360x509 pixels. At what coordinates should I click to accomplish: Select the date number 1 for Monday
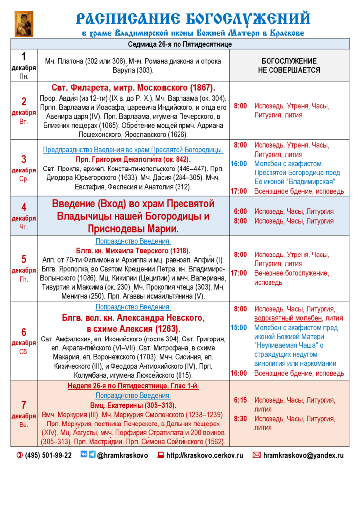point(24,56)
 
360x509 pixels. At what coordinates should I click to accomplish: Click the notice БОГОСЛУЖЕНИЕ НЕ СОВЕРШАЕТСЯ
point(289,65)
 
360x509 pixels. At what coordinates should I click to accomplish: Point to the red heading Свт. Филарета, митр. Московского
point(133,88)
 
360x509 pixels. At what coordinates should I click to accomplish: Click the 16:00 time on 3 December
point(239,164)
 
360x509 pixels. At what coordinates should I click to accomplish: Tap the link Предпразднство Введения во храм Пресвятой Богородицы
point(133,150)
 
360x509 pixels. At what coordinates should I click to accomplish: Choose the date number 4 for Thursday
point(24,207)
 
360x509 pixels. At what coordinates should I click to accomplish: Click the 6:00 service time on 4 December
point(240,211)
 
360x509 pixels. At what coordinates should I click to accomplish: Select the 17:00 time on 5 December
point(239,273)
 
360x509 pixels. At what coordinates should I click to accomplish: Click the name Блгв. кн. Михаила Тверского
point(133,251)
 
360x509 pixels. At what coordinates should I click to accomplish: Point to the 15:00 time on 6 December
point(239,327)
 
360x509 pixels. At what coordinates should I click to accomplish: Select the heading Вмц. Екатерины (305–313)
point(133,405)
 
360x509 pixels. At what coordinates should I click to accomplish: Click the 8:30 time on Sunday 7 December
point(240,419)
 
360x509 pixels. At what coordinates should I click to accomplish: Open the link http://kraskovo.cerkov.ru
point(205,455)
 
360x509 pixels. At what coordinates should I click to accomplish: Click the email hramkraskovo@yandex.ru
point(303,455)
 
